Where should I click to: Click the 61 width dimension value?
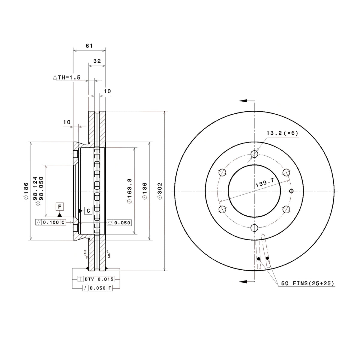click(89, 46)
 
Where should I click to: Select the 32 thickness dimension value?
click(97, 61)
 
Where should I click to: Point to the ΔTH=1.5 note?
click(67, 77)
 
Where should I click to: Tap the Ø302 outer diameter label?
click(160, 191)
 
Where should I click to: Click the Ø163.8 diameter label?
click(130, 191)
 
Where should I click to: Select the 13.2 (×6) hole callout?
click(282, 133)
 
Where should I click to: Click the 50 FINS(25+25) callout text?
click(307, 283)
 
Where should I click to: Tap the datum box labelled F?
click(60, 207)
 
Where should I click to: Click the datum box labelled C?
click(88, 211)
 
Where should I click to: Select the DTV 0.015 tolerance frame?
click(96, 279)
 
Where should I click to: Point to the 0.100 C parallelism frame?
click(51, 222)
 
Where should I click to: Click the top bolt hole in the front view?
click(254, 154)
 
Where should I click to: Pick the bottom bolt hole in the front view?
click(254, 228)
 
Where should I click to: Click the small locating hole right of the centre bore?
click(291, 191)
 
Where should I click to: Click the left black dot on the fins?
click(259, 259)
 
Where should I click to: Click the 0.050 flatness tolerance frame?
click(119, 223)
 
